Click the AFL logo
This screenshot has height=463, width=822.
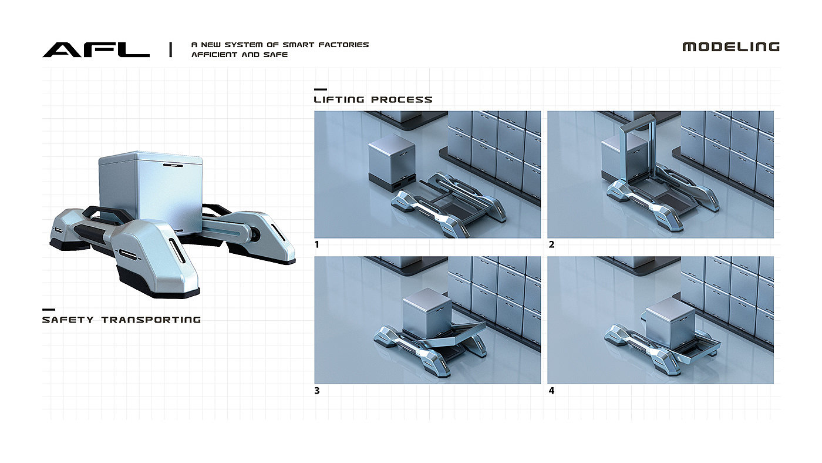click(96, 50)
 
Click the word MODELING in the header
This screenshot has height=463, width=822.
click(730, 47)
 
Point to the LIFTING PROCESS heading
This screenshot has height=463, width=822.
click(373, 100)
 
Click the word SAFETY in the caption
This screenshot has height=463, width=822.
click(68, 320)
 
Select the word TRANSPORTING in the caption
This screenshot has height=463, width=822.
click(151, 320)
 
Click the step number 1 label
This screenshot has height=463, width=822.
click(317, 244)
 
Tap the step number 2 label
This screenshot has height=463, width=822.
click(551, 244)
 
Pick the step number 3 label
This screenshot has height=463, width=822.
click(317, 390)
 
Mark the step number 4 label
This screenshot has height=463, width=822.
click(551, 390)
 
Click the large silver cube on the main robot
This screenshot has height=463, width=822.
click(150, 191)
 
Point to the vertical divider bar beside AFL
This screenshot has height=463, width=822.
click(170, 50)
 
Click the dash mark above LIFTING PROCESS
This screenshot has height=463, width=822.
click(320, 89)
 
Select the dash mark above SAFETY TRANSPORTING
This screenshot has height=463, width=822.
click(49, 310)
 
